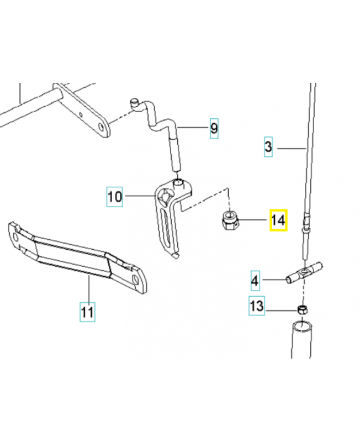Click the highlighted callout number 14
(277, 221)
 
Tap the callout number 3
(268, 148)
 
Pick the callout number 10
(114, 196)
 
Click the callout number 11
(87, 312)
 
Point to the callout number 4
(255, 281)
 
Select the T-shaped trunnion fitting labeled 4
(303, 272)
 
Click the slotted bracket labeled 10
(168, 218)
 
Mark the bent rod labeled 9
(166, 133)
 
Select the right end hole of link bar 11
(135, 281)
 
